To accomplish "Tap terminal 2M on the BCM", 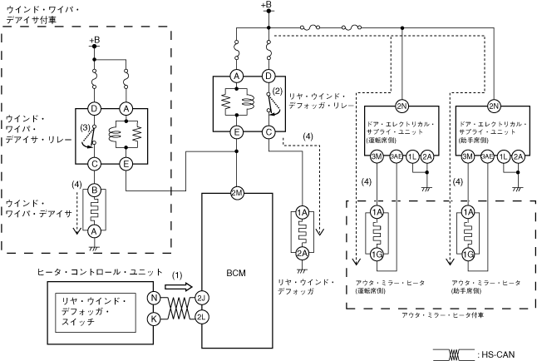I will click(x=237, y=192).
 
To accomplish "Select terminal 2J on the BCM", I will click(x=201, y=298).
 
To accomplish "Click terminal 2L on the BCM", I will click(x=201, y=318).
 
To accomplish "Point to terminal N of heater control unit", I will click(x=153, y=298).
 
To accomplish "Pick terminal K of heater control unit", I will click(x=153, y=318).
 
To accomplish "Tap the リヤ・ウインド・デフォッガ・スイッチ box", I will click(x=96, y=314).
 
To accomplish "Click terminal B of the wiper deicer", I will click(x=94, y=190).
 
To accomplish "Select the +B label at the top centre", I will click(x=266, y=6).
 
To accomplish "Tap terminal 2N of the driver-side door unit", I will click(x=402, y=107).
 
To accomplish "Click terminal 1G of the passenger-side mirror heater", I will click(x=469, y=253).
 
